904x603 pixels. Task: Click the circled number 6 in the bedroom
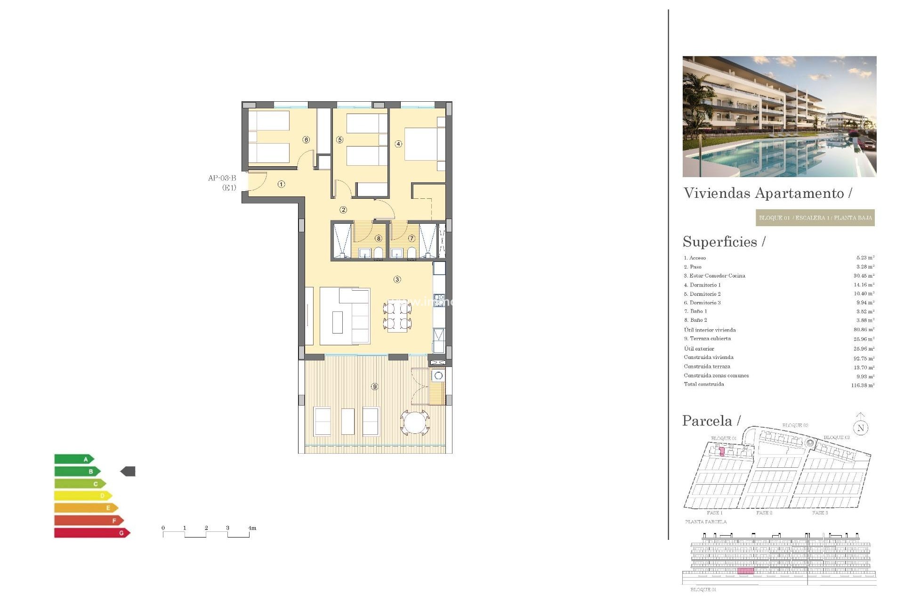click(x=306, y=139)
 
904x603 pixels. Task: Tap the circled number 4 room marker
click(x=398, y=144)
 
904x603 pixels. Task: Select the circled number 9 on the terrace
click(x=374, y=386)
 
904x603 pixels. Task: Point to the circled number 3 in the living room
click(x=397, y=279)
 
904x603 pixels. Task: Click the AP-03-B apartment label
click(x=222, y=178)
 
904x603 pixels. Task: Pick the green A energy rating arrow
click(x=74, y=459)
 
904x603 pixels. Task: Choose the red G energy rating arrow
click(x=92, y=533)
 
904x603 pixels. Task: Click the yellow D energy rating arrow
click(x=83, y=496)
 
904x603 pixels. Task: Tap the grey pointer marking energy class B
click(x=128, y=471)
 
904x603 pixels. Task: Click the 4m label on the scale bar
click(x=252, y=528)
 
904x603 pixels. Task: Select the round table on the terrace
click(x=415, y=422)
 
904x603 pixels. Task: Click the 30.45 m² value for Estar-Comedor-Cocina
click(x=864, y=276)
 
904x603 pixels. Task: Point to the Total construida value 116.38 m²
click(x=863, y=385)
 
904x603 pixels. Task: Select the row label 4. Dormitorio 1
click(x=702, y=285)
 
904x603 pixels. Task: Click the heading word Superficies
click(x=720, y=242)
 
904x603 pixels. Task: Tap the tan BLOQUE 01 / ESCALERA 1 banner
click(x=815, y=218)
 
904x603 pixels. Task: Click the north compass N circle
click(x=861, y=428)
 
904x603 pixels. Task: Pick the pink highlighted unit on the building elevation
click(x=745, y=571)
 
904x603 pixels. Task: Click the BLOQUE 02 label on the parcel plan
click(x=795, y=425)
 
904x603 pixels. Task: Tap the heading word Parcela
click(x=707, y=421)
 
